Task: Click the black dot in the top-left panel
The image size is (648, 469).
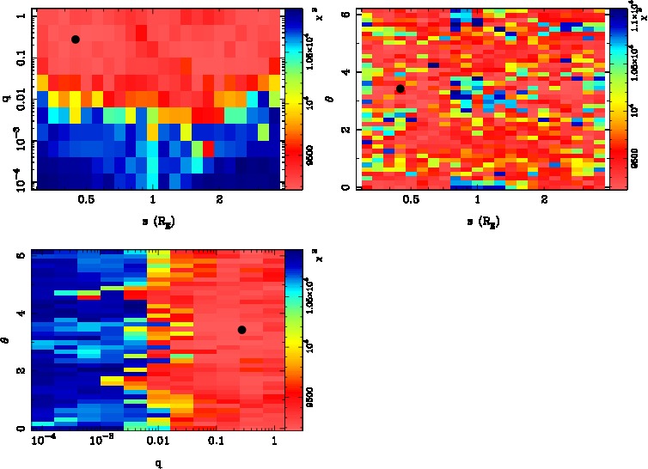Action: tap(75, 40)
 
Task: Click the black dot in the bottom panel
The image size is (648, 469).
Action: tap(241, 330)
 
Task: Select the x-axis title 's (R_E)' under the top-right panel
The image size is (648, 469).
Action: tap(480, 221)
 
